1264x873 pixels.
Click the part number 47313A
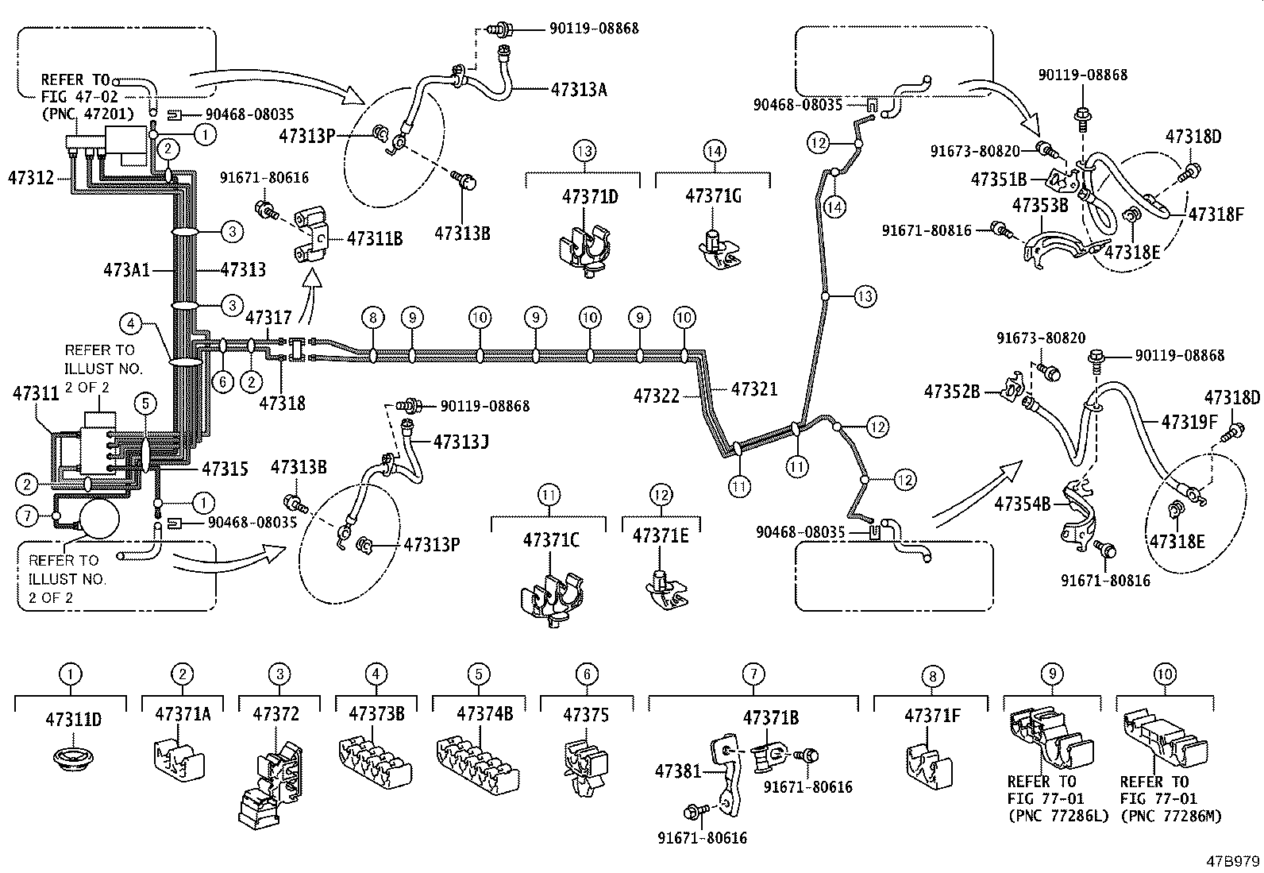579,90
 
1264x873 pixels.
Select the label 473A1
128,270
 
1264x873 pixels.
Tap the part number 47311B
376,237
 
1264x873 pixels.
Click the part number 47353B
1041,206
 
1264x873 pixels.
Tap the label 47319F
1189,422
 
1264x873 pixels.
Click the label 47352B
952,392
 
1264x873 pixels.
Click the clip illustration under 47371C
551,597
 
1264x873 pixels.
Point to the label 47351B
999,180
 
